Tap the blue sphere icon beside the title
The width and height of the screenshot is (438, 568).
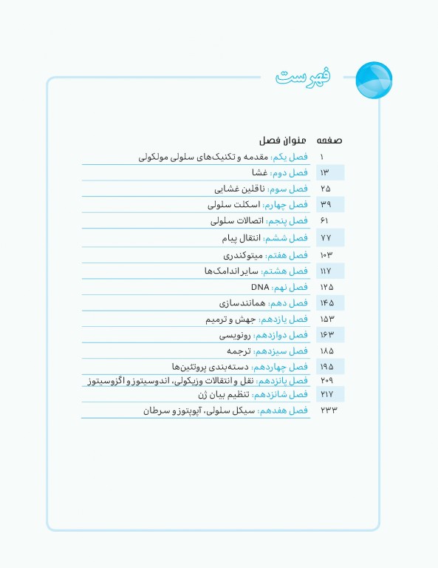coord(374,79)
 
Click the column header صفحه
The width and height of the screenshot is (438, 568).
coord(329,140)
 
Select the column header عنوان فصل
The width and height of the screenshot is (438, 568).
coord(277,140)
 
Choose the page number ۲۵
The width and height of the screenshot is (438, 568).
coord(325,189)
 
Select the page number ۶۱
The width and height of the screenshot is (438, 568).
coord(324,220)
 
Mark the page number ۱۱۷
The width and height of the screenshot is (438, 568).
coord(325,271)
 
